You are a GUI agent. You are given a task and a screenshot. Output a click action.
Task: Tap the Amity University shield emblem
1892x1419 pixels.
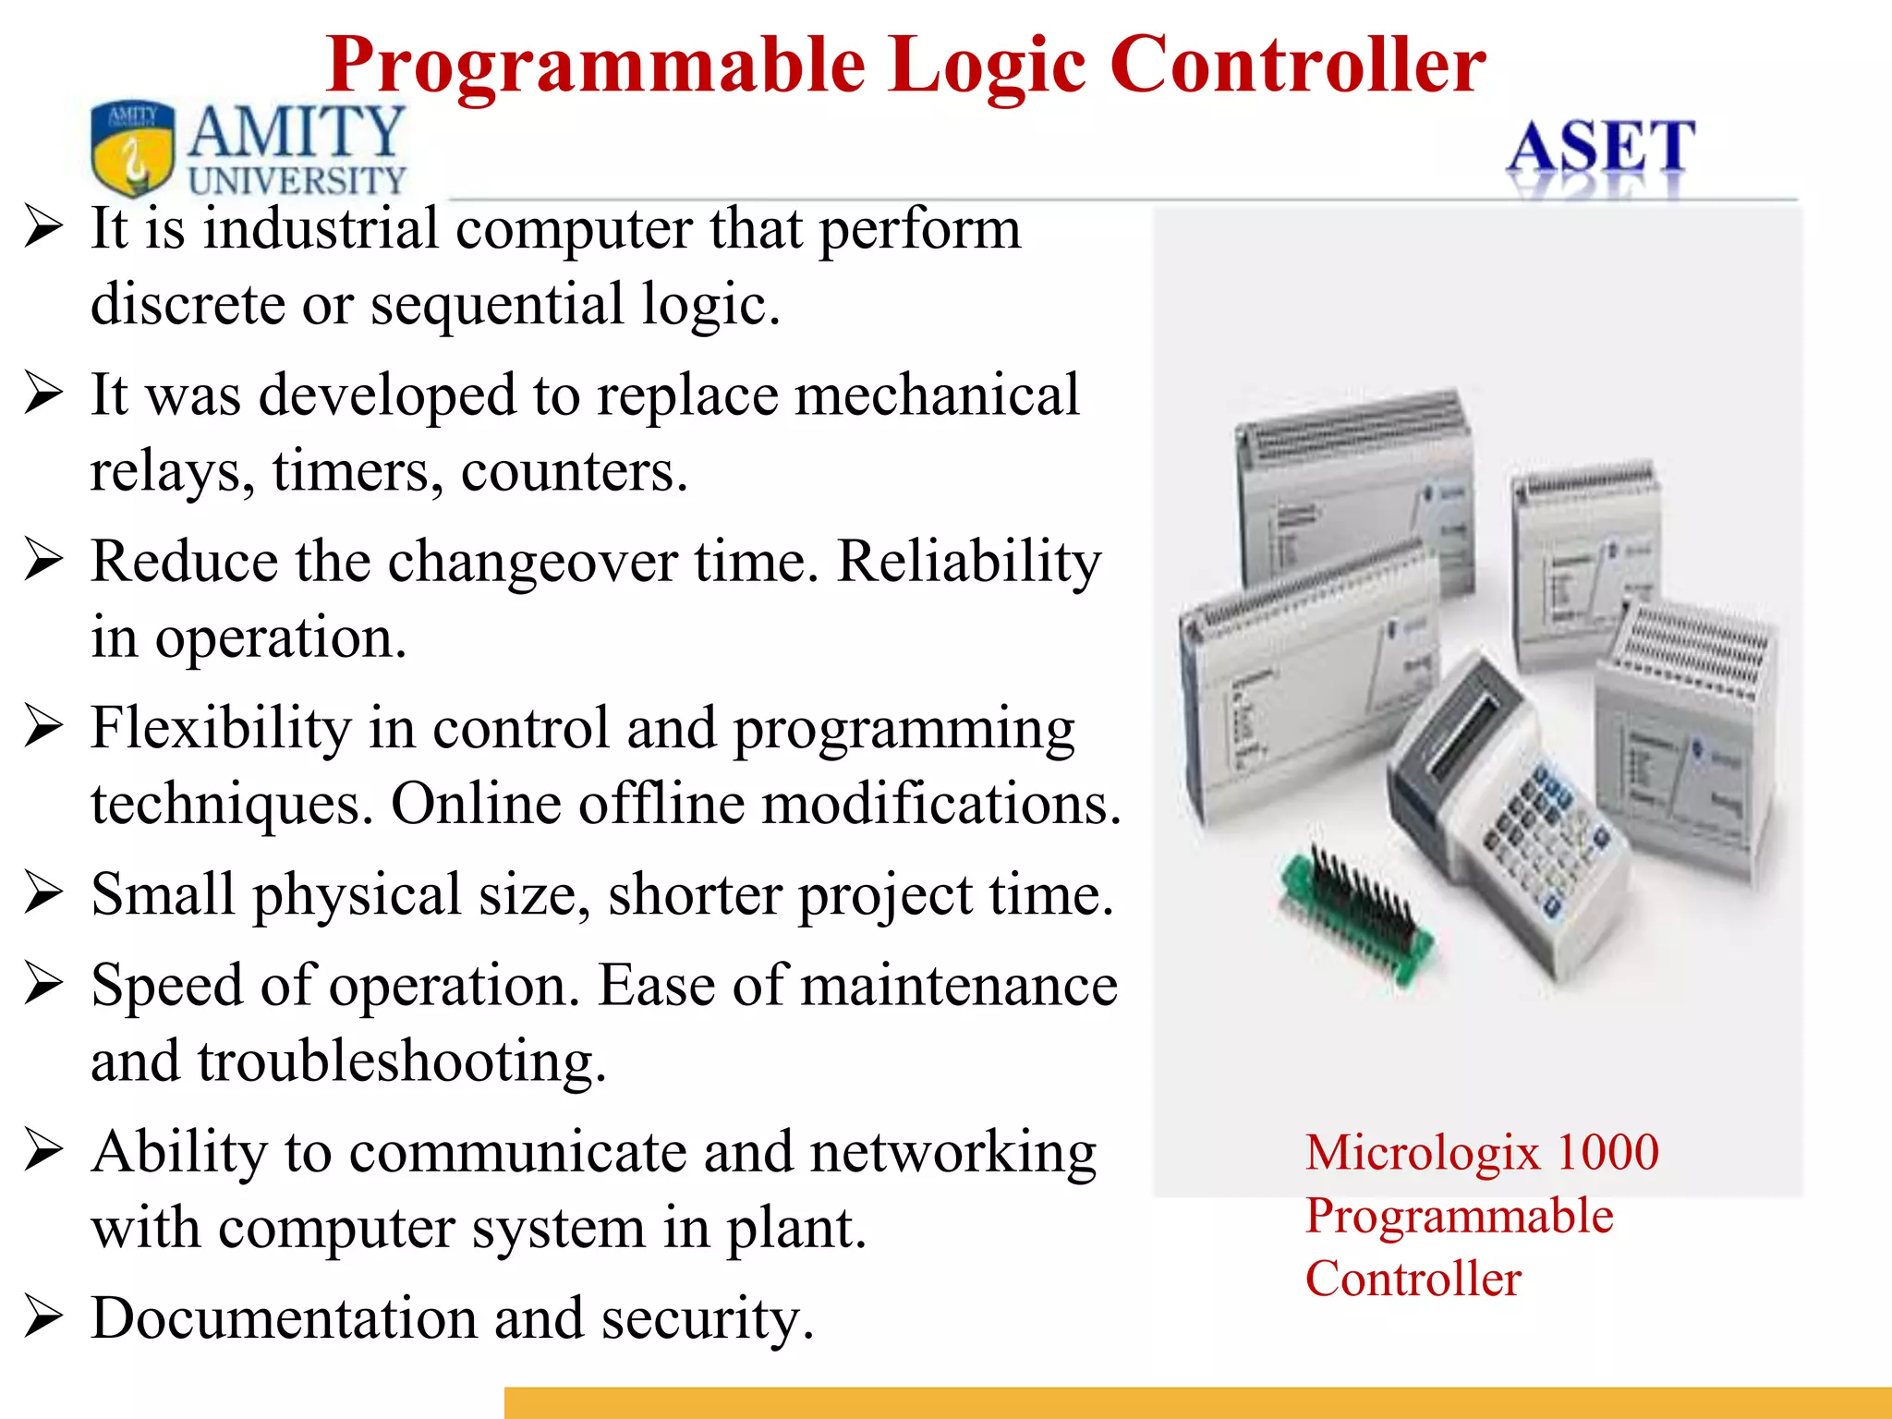[132, 148]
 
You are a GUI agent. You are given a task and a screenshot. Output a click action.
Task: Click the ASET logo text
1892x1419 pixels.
[1601, 148]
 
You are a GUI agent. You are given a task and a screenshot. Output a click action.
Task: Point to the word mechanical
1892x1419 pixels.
[937, 395]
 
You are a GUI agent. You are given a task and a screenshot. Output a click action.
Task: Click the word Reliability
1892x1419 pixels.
[969, 562]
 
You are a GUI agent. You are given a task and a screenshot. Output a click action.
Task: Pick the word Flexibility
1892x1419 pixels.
[221, 728]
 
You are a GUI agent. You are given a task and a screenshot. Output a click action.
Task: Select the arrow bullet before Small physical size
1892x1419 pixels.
[43, 894]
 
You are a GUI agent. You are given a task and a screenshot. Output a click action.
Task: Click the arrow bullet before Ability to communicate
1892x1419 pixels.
[43, 1152]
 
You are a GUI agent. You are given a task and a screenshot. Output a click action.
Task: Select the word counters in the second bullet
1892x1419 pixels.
[574, 471]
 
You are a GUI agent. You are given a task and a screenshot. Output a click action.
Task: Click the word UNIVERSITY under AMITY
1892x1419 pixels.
[297, 180]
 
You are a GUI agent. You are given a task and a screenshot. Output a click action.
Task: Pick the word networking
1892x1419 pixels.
[952, 1153]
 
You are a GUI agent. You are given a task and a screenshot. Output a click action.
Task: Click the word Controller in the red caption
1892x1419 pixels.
[1413, 1280]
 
